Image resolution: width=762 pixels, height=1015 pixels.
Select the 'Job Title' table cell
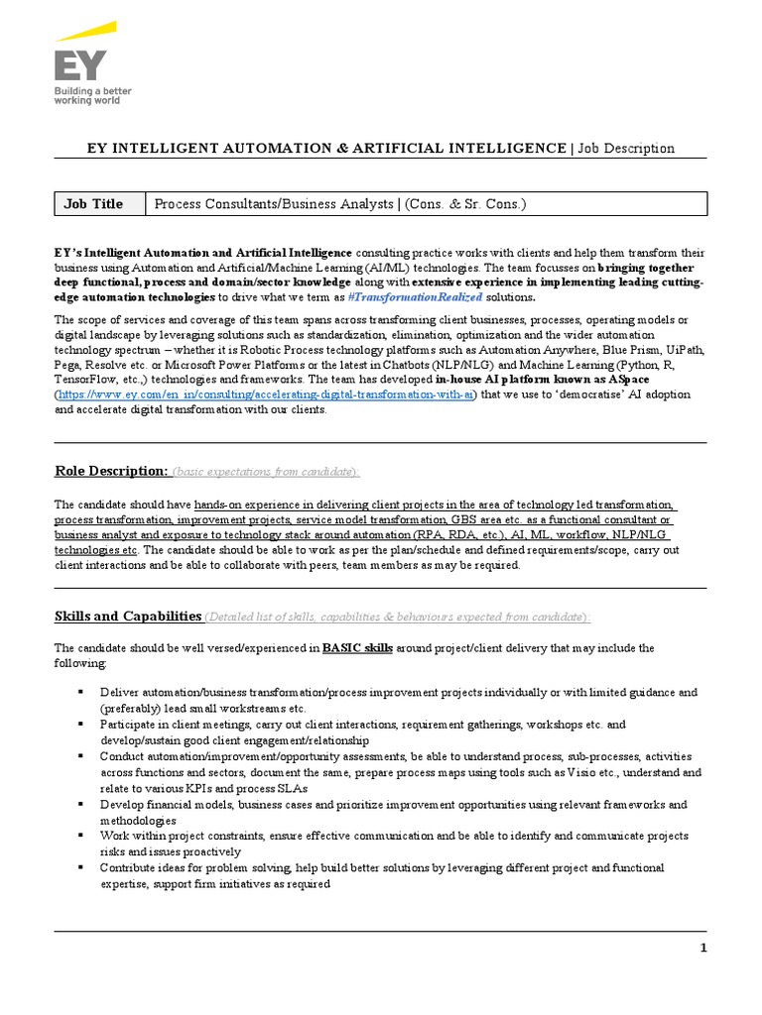point(94,204)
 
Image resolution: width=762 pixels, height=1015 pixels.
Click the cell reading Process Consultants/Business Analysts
point(338,204)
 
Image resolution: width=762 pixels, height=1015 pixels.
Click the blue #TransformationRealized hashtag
point(430,297)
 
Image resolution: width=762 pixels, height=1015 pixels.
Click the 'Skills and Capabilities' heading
point(128,617)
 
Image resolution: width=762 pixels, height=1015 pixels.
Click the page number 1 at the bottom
point(703,948)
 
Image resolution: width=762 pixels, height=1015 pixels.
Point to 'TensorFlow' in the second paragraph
point(86,380)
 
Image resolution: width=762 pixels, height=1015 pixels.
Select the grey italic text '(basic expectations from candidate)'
point(266,471)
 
